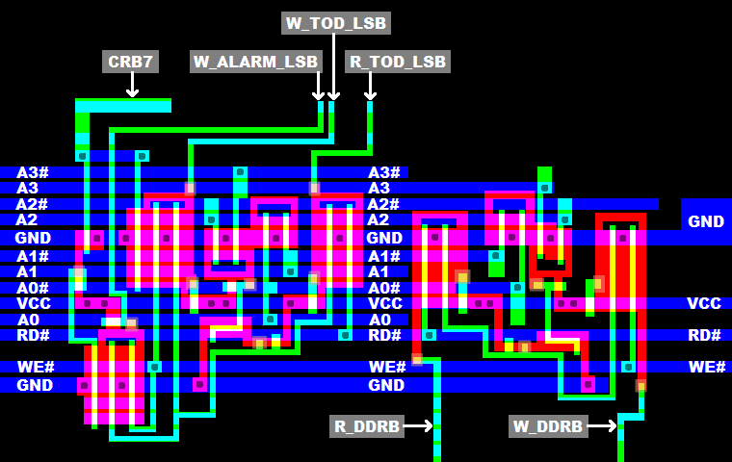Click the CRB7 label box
click(131, 62)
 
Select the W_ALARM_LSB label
click(255, 62)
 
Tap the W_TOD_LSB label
click(337, 23)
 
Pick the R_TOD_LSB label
click(398, 62)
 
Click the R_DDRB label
click(366, 426)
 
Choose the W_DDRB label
click(548, 426)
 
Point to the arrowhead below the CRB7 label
click(132, 92)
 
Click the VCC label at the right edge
click(703, 303)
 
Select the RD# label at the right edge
click(704, 335)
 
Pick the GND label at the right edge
click(705, 221)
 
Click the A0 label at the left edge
click(28, 320)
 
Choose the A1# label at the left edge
click(32, 256)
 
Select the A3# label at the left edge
click(32, 172)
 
